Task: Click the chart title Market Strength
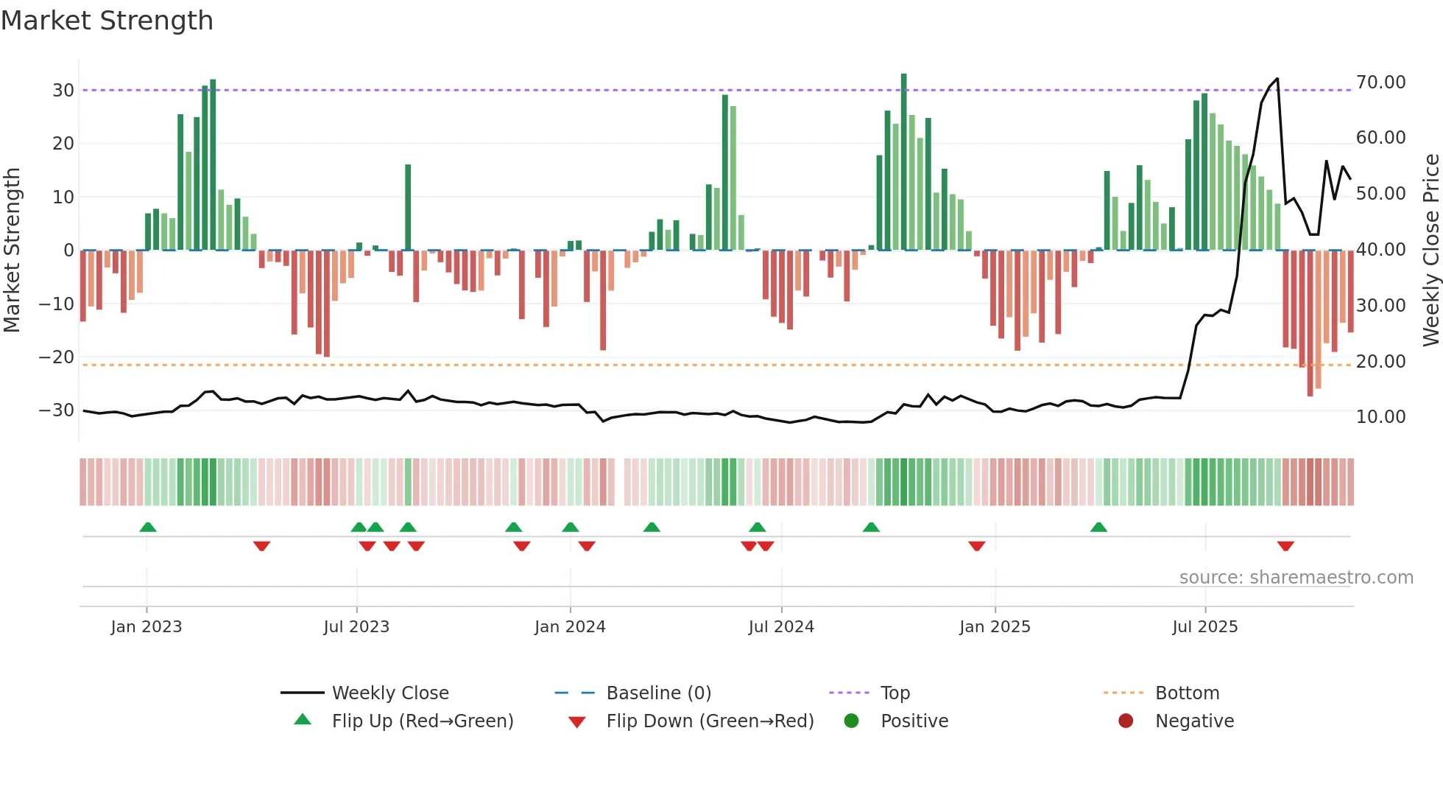107,21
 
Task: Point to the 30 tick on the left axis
63,91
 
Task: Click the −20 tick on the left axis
57,357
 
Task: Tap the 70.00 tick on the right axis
1380,83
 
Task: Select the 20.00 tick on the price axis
1380,362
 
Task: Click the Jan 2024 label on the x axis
570,627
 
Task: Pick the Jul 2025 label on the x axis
1204,627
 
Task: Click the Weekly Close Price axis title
1430,251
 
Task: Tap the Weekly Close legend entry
389,693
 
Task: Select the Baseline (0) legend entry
658,693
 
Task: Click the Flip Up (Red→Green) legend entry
422,721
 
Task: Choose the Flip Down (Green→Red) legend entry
710,721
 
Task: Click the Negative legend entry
1193,721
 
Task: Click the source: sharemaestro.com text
1296,578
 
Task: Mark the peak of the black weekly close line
1277,79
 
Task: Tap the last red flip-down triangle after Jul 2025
1285,546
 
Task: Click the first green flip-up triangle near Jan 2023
148,527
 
